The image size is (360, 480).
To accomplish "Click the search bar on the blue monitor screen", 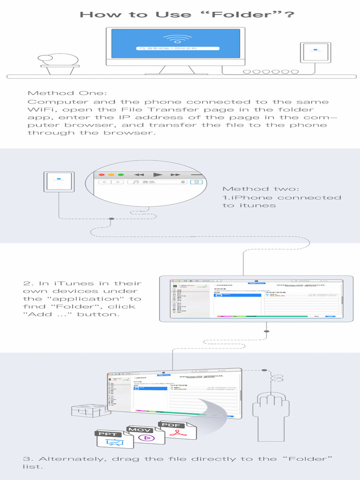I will point(179,48).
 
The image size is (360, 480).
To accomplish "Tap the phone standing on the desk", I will point(315,53).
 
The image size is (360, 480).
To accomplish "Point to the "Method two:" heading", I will point(259,189).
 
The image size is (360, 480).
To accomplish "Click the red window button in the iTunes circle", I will point(101,174).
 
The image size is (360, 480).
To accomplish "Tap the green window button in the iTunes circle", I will point(120,174).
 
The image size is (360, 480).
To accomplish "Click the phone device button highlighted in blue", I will point(197,182).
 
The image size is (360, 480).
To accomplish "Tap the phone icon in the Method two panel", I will point(59,181).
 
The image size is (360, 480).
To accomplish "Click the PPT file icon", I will point(109,439).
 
